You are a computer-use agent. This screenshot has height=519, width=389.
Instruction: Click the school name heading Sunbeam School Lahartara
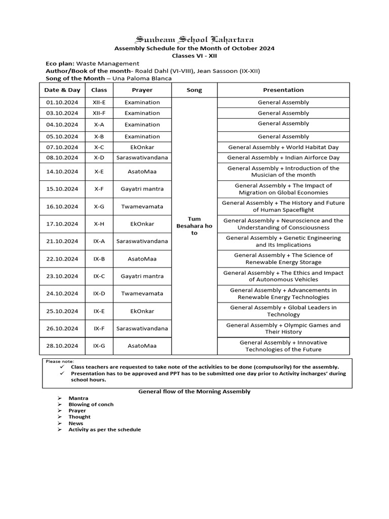pyautogui.click(x=194, y=40)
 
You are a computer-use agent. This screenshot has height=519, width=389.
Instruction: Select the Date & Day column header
pyautogui.click(x=62, y=90)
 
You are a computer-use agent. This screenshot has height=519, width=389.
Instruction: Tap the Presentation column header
pyautogui.click(x=283, y=90)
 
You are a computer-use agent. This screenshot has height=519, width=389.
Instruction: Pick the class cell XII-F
pyautogui.click(x=99, y=113)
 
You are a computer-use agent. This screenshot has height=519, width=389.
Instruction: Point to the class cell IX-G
pyautogui.click(x=99, y=346)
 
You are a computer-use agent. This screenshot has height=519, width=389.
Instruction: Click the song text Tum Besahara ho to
pyautogui.click(x=194, y=226)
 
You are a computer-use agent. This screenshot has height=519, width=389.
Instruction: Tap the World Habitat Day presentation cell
pyautogui.click(x=283, y=147)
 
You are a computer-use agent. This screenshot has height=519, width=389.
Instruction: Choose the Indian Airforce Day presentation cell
pyautogui.click(x=283, y=158)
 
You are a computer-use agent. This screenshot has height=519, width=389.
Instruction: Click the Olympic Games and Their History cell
pyautogui.click(x=283, y=328)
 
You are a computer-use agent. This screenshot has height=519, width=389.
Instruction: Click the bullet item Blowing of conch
pyautogui.click(x=91, y=404)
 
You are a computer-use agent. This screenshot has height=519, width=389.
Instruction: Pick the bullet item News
pyautogui.click(x=76, y=423)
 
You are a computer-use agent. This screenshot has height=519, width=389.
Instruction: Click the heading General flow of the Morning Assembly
pyautogui.click(x=194, y=392)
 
